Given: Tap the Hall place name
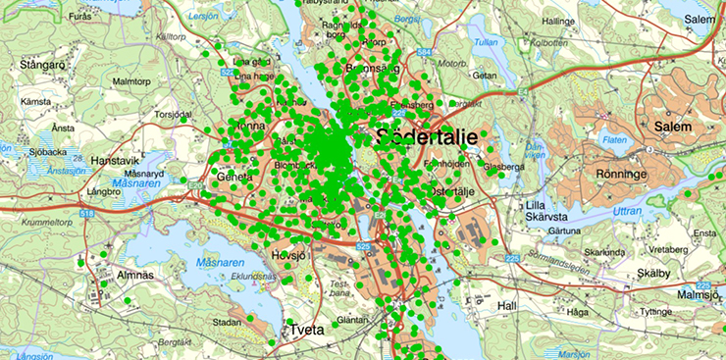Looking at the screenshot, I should [506, 306].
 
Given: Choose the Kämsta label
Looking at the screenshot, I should [34, 101].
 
